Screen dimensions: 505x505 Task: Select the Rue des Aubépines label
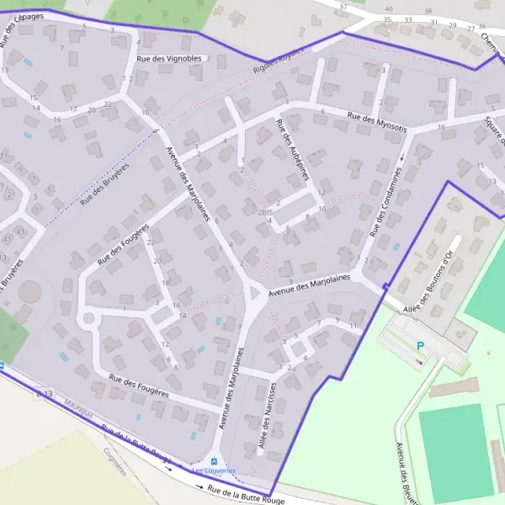coord(293,149)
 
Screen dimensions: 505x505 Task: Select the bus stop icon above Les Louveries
coord(214,461)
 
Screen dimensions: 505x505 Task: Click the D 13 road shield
coord(44,393)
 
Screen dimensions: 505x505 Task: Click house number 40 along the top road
coord(388,8)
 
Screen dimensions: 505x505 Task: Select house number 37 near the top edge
coord(343,7)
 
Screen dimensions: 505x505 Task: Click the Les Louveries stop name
coord(215,471)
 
